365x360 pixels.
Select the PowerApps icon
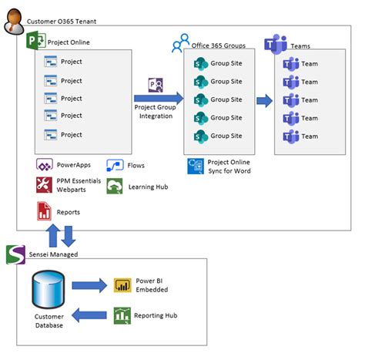point(44,166)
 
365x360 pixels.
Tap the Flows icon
point(115,166)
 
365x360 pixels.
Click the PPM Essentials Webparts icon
point(44,185)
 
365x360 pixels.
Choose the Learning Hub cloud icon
point(115,186)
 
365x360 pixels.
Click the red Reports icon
point(44,210)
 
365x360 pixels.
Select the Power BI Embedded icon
point(122,285)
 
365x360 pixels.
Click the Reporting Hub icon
point(122,315)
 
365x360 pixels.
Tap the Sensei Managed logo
point(13,254)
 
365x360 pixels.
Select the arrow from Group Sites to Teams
point(263,100)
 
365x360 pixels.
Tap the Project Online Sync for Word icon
point(195,166)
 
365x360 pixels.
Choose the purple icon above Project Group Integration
point(155,85)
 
